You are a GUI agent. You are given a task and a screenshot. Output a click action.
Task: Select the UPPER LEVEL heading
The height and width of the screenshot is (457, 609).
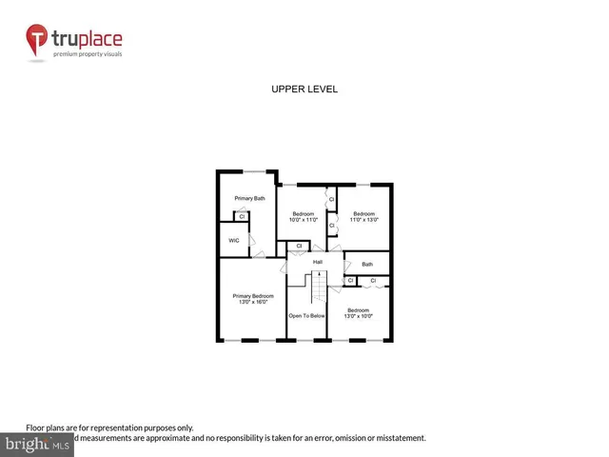click(x=304, y=89)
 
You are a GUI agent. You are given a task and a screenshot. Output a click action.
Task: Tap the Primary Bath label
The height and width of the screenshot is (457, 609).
click(x=250, y=198)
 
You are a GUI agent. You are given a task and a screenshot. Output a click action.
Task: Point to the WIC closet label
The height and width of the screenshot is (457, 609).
click(x=233, y=240)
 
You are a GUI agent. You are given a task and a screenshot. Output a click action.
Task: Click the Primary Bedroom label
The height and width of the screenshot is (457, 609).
click(x=253, y=296)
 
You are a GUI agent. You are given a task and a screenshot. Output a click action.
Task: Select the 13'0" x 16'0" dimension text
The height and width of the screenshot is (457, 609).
click(x=253, y=303)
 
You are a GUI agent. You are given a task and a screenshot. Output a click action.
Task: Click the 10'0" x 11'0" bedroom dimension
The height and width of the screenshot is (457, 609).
click(x=304, y=220)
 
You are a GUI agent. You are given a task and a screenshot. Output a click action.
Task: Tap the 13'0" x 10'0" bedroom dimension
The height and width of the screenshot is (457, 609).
click(x=358, y=317)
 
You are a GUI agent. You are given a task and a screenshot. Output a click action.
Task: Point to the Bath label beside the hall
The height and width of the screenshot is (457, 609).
click(x=367, y=264)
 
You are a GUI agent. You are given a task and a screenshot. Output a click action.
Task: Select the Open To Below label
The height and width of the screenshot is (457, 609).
click(x=307, y=316)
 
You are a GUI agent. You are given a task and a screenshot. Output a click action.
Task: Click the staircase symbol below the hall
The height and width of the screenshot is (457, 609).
click(x=318, y=286)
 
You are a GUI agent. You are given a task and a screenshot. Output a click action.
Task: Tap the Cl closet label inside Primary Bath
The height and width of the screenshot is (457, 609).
click(x=242, y=217)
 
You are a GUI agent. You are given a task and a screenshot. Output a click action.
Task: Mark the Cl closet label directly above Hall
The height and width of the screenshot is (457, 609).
click(x=299, y=247)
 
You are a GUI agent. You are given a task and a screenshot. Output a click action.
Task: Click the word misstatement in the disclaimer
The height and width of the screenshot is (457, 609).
click(x=400, y=438)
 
